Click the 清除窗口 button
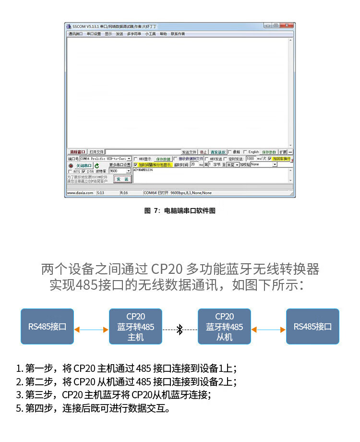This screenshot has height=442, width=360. click(x=77, y=152)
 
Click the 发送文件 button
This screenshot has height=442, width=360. click(x=189, y=152)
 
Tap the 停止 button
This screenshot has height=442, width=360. click(x=204, y=152)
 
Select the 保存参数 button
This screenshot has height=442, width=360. click(x=269, y=152)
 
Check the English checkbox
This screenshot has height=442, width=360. click(x=245, y=152)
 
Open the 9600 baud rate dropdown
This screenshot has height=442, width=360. click(x=128, y=171)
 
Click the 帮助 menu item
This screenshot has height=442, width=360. click(x=163, y=34)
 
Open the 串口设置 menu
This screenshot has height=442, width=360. click(x=94, y=34)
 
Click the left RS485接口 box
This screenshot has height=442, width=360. click(x=47, y=327)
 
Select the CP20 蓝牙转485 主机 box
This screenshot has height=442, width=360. click(x=136, y=327)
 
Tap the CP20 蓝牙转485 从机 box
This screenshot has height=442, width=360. click(x=224, y=327)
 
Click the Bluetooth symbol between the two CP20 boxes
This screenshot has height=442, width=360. click(x=180, y=330)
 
